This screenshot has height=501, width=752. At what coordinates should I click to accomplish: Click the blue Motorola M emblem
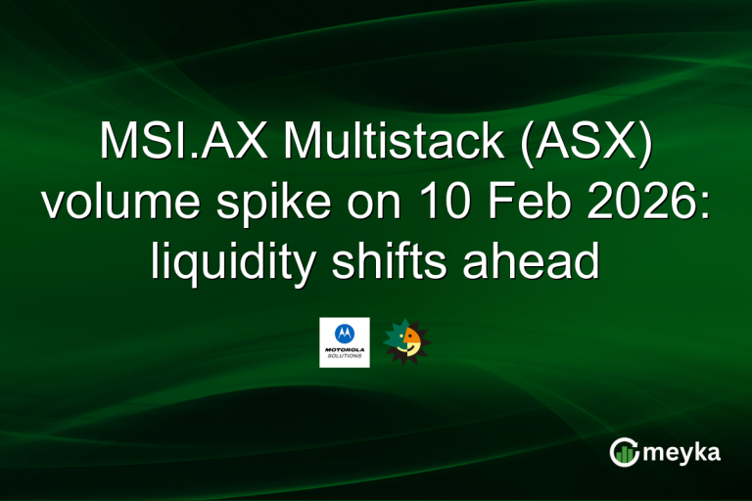pyautogui.click(x=344, y=334)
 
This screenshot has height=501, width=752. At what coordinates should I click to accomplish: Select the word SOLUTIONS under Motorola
pyautogui.click(x=344, y=358)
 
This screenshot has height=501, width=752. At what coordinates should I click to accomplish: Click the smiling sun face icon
pyautogui.click(x=406, y=341)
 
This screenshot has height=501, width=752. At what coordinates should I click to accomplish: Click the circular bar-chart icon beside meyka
pyautogui.click(x=625, y=451)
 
